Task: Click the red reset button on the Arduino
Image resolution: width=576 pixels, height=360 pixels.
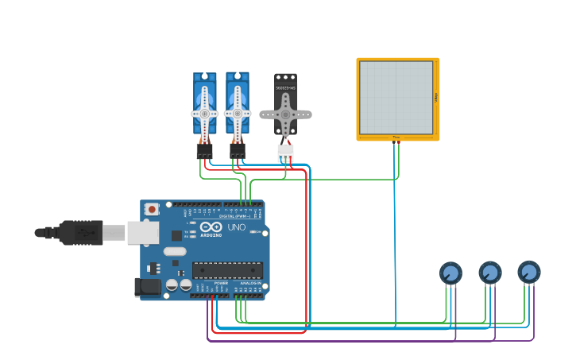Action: click(152, 209)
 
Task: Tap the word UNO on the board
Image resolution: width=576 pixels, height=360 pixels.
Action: click(237, 227)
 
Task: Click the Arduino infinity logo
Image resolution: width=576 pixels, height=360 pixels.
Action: click(211, 226)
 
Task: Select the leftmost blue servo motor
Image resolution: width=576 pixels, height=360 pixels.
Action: click(204, 107)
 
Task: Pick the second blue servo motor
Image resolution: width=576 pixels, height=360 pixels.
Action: click(238, 107)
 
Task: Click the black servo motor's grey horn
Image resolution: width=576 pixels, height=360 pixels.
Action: click(285, 114)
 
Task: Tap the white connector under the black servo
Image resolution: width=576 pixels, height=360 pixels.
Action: click(285, 151)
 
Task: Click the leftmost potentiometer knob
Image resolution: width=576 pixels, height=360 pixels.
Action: click(450, 273)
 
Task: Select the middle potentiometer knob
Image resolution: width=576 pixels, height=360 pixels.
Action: click(490, 273)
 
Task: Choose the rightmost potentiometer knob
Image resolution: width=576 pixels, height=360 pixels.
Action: click(529, 272)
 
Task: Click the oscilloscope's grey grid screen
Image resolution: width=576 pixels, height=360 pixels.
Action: click(396, 98)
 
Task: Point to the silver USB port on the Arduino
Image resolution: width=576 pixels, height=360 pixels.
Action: click(143, 232)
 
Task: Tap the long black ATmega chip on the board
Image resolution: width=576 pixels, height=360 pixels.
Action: click(227, 270)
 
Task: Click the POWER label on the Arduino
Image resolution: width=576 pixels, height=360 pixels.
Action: click(221, 283)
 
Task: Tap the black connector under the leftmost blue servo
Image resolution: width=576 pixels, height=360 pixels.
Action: click(204, 150)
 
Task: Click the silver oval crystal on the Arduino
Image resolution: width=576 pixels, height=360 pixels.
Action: click(175, 252)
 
